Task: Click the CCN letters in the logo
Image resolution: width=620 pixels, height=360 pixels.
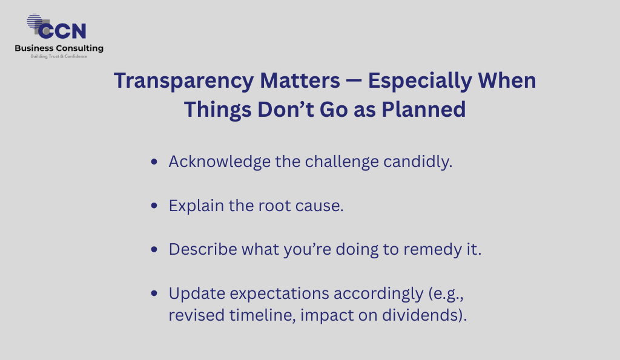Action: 62,31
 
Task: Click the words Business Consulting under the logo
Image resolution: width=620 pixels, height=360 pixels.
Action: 59,48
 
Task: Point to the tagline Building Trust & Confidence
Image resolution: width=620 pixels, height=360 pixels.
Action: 59,56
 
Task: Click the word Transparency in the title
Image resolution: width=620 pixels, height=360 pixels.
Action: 183,82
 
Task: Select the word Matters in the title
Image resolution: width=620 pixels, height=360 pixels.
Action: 300,80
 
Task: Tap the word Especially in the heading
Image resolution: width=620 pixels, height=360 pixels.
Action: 420,82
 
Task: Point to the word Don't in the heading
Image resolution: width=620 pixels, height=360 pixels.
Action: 285,110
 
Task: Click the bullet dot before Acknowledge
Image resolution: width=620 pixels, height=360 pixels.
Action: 154,161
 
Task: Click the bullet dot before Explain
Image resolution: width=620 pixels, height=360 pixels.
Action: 154,205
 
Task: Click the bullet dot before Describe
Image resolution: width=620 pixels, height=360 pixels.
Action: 154,249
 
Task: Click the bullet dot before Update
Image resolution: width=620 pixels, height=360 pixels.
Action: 154,293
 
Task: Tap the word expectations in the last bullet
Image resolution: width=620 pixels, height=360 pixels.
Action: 279,294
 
